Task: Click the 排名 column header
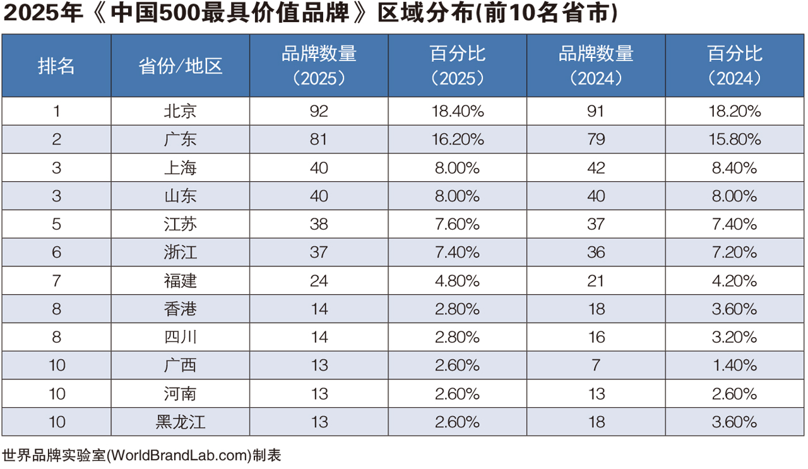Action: click(56, 66)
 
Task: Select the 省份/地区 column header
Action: click(181, 66)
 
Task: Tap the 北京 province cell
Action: click(181, 111)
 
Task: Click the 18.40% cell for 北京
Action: click(458, 111)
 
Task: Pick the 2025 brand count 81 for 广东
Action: click(319, 140)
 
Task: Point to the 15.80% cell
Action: click(735, 140)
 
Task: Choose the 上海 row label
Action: click(181, 168)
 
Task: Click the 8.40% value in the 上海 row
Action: click(735, 168)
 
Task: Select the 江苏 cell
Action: click(181, 224)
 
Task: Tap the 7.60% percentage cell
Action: click(458, 224)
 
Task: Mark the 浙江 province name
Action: click(181, 252)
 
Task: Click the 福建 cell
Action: click(181, 281)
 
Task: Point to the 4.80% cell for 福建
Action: click(458, 281)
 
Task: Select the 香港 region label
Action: click(181, 309)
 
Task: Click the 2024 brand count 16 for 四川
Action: click(596, 337)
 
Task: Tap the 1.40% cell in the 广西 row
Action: click(735, 365)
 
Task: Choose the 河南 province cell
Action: click(181, 394)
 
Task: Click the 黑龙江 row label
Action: click(181, 422)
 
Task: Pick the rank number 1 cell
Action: click(56, 111)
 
